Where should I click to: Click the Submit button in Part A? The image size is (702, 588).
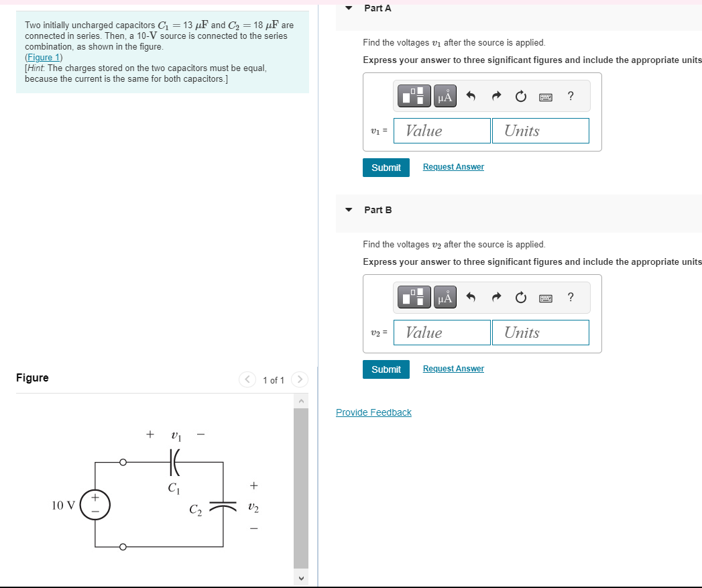[386, 168]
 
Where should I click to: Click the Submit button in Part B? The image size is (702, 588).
[386, 369]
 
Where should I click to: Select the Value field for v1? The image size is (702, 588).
[442, 131]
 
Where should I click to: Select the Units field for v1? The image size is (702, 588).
[540, 131]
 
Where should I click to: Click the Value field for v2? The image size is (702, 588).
[442, 333]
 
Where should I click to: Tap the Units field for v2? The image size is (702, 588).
[540, 333]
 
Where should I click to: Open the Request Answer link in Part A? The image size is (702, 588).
[453, 167]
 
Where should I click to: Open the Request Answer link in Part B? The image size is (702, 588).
[453, 369]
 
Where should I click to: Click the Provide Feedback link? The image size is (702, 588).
[373, 412]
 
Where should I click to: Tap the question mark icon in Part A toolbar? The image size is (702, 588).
[570, 96]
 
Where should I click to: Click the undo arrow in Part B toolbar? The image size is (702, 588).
[471, 298]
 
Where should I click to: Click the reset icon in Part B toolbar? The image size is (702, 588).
[521, 298]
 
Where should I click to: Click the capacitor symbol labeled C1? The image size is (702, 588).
[174, 462]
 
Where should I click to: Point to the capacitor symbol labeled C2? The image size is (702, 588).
[223, 504]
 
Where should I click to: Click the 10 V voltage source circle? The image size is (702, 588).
[95, 505]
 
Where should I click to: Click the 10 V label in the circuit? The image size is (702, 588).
[64, 505]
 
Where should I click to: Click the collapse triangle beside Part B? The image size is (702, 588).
[349, 210]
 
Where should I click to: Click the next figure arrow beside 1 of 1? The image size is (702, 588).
[299, 380]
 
